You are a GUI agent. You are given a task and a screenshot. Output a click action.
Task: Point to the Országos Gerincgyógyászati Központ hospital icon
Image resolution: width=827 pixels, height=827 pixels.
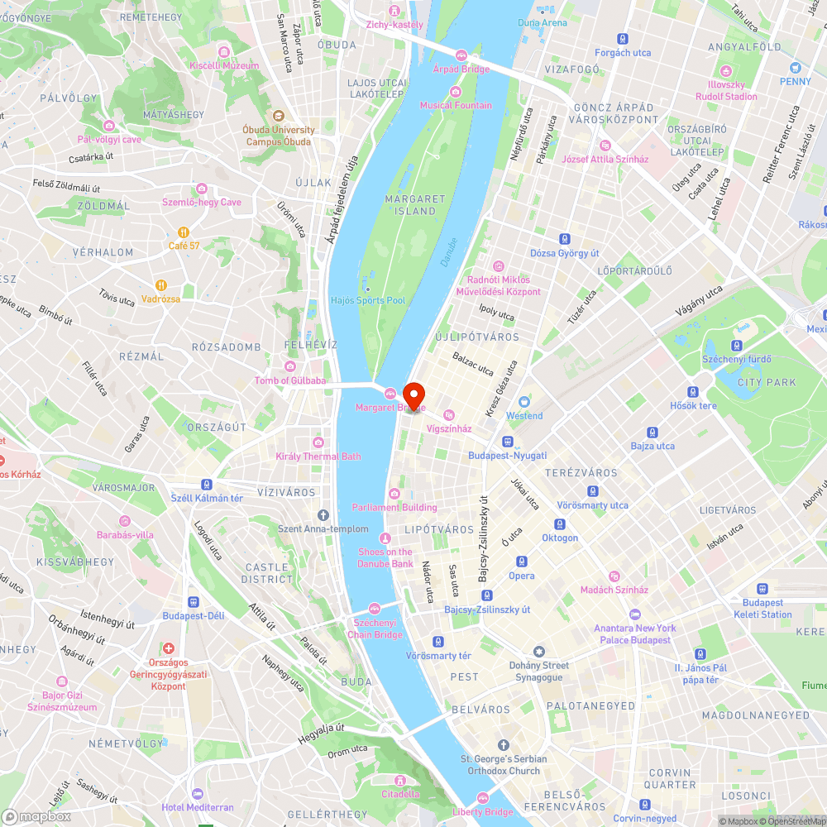[169, 649]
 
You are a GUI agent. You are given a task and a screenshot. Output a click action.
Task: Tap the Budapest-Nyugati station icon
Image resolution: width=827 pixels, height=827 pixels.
[507, 442]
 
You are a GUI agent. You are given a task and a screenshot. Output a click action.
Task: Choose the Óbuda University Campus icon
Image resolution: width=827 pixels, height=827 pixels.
[279, 117]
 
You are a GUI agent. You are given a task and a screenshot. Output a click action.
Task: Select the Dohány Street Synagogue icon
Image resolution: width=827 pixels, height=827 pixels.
[539, 653]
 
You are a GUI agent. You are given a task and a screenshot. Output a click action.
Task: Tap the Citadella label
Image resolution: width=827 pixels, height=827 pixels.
[400, 794]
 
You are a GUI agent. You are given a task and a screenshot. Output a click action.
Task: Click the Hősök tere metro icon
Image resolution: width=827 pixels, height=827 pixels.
[693, 392]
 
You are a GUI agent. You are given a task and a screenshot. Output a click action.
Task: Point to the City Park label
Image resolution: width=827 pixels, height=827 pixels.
[767, 382]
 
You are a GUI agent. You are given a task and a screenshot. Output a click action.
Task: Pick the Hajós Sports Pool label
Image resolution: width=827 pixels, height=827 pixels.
[368, 300]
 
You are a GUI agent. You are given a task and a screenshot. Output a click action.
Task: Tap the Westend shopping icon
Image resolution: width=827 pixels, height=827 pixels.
[524, 402]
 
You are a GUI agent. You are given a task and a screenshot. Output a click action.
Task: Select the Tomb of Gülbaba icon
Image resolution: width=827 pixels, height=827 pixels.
[289, 366]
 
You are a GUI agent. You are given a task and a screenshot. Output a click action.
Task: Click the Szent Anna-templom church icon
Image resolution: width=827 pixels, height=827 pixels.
[323, 515]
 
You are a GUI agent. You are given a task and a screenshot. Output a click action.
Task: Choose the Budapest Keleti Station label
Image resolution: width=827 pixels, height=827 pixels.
[762, 609]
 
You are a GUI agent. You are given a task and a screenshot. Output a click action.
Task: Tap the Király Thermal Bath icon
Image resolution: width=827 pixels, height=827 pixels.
[318, 442]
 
